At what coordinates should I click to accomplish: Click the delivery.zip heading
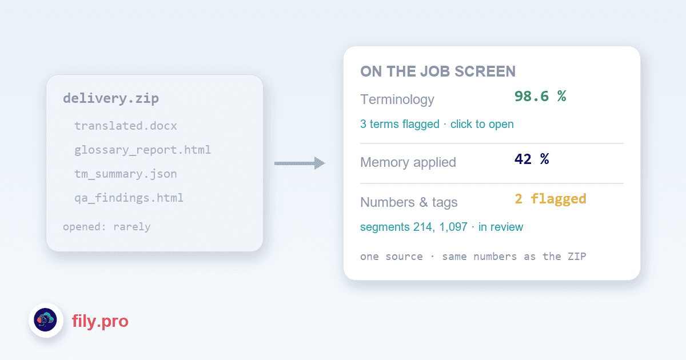tap(111, 98)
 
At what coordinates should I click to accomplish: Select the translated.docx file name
tap(126, 126)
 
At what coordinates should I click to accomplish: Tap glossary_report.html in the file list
tap(143, 150)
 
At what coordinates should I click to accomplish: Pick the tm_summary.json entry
tap(126, 174)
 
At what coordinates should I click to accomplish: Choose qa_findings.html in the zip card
tap(129, 198)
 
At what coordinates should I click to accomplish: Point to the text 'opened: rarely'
tap(107, 227)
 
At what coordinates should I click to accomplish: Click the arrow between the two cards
tap(300, 163)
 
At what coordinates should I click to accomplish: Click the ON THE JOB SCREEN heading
tap(438, 71)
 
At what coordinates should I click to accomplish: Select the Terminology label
tap(397, 99)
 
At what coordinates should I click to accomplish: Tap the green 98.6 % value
tap(540, 96)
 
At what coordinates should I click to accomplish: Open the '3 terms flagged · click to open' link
tap(437, 124)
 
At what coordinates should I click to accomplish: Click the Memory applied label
tap(408, 162)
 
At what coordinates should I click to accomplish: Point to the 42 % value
tap(532, 159)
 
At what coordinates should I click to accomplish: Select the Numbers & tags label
tap(409, 202)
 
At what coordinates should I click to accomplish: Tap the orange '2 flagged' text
tap(551, 199)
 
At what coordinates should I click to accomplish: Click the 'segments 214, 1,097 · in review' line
tap(441, 227)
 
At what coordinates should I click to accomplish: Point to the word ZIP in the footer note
tap(577, 256)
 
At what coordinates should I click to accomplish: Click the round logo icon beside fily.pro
tap(46, 320)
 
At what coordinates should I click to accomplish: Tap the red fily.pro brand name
tap(100, 321)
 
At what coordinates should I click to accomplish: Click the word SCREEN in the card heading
tap(485, 71)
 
